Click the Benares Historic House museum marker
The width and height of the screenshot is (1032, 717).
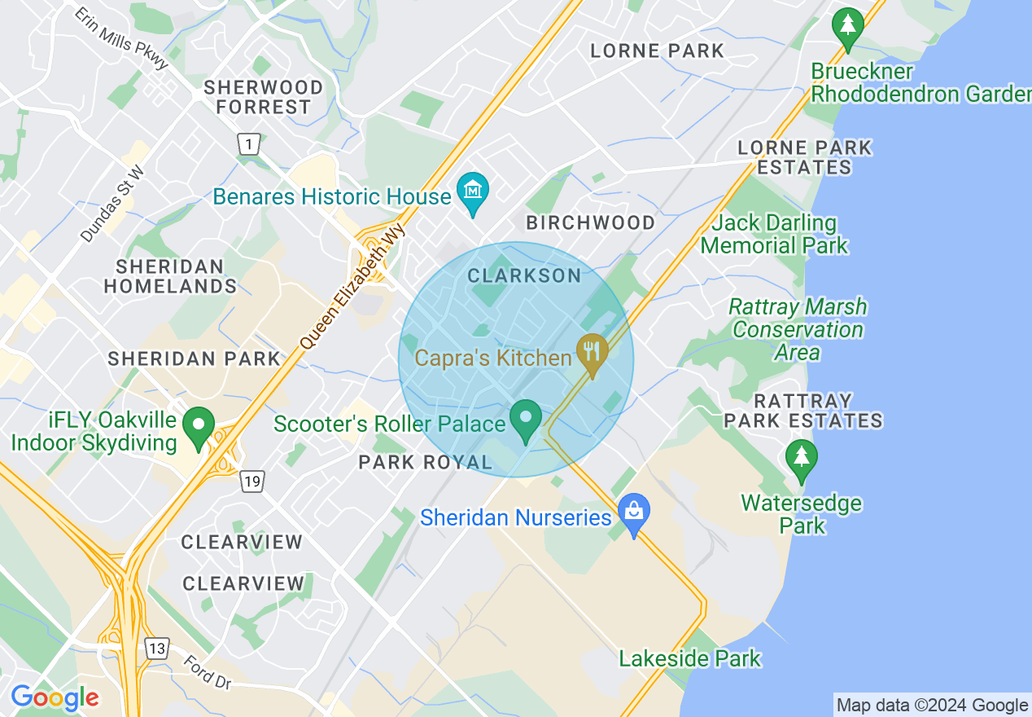tap(472, 191)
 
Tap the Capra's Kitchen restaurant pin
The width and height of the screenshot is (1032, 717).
tap(593, 351)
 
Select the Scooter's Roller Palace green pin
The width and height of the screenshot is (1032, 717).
tap(526, 418)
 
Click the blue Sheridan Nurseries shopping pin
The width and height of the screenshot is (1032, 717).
tap(632, 512)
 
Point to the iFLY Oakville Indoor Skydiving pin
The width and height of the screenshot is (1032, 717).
tap(198, 425)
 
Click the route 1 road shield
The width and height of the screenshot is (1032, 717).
tap(249, 144)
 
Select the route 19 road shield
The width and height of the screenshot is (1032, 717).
tap(251, 482)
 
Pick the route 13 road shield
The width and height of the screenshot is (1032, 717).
tap(156, 649)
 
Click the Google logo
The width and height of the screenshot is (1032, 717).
tap(55, 697)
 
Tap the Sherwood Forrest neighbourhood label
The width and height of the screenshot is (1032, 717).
tap(263, 97)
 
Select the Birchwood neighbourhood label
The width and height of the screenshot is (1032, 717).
tap(590, 222)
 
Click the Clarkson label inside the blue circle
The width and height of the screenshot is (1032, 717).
tap(525, 275)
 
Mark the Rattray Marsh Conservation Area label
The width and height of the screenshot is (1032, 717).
tap(798, 329)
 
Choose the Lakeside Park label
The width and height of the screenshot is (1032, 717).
tap(690, 658)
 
